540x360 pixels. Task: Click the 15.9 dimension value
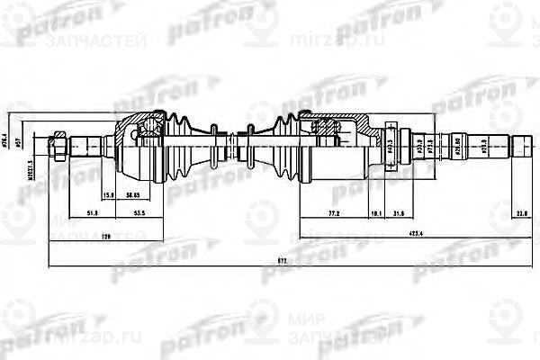pos(107,194)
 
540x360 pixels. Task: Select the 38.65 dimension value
pos(138,194)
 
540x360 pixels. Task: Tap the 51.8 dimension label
pos(92,214)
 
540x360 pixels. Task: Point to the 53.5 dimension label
pos(139,214)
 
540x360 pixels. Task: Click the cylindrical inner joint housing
pos(337,143)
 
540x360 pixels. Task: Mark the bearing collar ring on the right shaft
pos(390,143)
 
